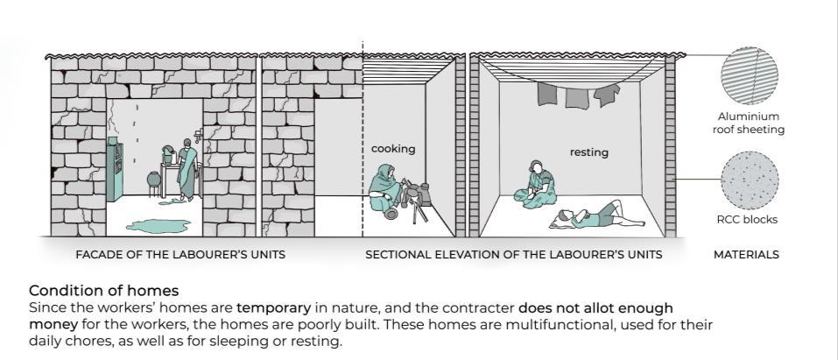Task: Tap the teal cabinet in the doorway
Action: coord(114,170)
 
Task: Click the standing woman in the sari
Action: coord(186,170)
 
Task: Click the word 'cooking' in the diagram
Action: coord(393,149)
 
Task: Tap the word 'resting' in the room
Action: coord(588,152)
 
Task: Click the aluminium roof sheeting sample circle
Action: coord(749,77)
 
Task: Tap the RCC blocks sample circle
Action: coord(750,180)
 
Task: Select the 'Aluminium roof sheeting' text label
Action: coord(749,123)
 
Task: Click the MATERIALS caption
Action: coord(746,255)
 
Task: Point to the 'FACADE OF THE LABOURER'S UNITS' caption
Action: coord(180,255)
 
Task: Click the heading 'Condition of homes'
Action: coord(103,290)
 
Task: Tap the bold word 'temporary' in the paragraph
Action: coord(273,308)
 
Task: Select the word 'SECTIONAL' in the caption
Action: coord(398,255)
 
